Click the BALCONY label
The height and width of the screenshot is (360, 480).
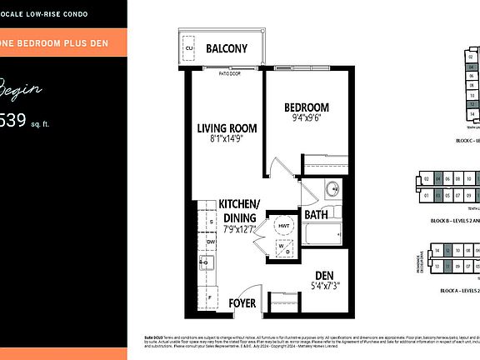(227, 48)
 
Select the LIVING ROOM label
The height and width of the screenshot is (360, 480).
(227, 128)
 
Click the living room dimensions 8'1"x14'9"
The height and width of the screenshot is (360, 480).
(227, 141)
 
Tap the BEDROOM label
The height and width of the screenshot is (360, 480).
(307, 107)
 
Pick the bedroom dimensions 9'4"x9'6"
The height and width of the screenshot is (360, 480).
(307, 118)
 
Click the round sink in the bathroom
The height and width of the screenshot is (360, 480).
(332, 187)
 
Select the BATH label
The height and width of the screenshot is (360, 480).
(316, 215)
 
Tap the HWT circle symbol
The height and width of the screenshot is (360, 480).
(283, 225)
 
